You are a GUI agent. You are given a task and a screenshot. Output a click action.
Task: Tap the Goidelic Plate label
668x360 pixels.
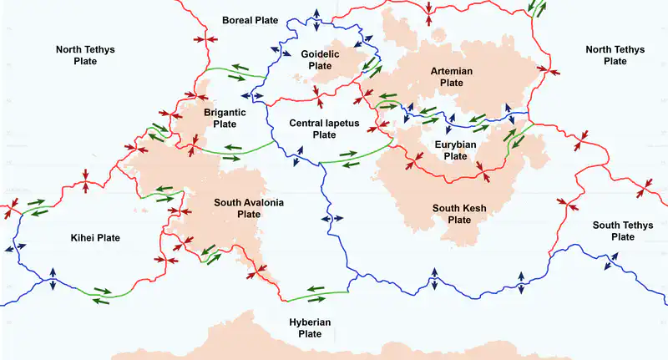pos(321,59)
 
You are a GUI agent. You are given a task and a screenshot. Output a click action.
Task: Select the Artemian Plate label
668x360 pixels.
pos(451,77)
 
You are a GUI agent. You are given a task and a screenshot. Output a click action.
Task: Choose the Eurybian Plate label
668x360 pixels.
pos(455,150)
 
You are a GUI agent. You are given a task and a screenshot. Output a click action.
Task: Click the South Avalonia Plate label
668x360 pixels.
pos(250,208)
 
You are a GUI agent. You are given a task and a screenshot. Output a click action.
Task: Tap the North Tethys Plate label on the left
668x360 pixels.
pos(85,55)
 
